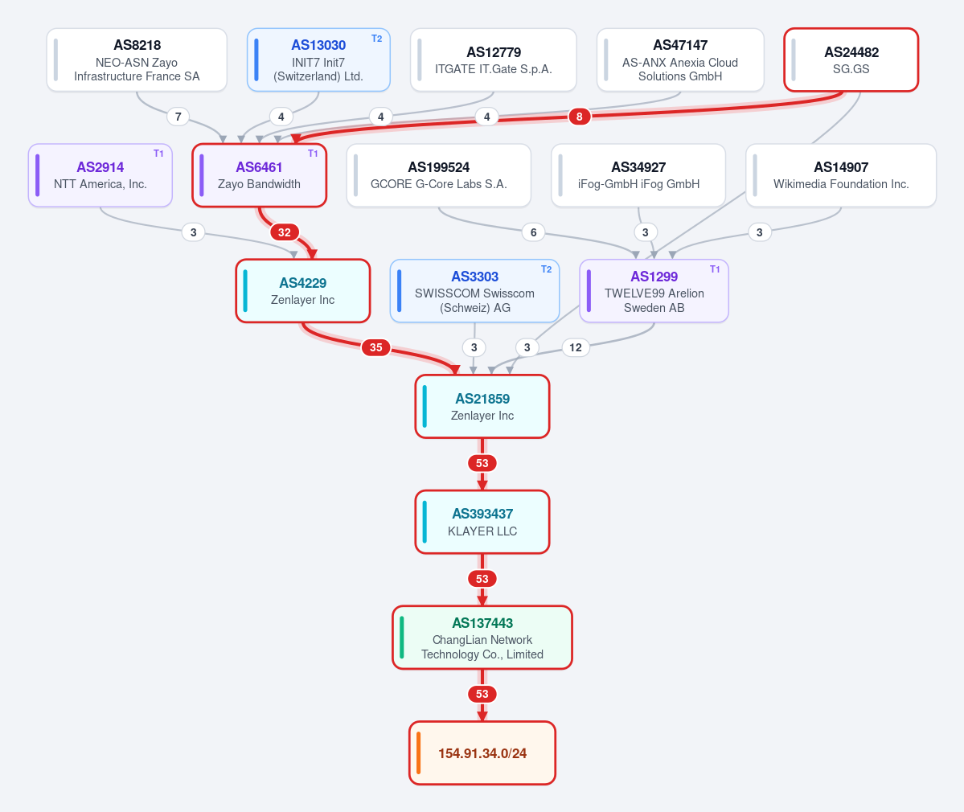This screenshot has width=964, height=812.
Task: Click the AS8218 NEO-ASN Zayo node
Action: pyautogui.click(x=137, y=59)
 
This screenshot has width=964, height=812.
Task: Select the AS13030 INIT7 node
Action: pyautogui.click(x=318, y=59)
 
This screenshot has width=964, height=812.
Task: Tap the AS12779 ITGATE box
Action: pyautogui.click(x=494, y=59)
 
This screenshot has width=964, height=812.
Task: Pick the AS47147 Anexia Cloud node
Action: pyautogui.click(x=680, y=59)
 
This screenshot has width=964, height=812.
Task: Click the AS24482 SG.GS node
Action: pyautogui.click(x=851, y=59)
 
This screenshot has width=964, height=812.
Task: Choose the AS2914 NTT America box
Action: pyautogui.click(x=101, y=175)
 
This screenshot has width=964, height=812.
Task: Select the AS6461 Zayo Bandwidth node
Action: pyautogui.click(x=260, y=175)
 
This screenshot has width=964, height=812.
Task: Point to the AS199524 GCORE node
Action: pyautogui.click(x=439, y=175)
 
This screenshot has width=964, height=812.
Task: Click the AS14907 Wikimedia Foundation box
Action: pyautogui.click(x=841, y=175)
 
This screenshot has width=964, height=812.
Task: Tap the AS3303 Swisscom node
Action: pyautogui.click(x=474, y=291)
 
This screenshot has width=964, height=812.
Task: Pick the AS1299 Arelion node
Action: pyautogui.click(x=654, y=291)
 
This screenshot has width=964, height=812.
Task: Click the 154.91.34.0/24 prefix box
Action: pyautogui.click(x=482, y=753)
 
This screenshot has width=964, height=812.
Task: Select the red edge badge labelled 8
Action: pyautogui.click(x=579, y=117)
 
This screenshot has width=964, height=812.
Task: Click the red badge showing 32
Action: pyautogui.click(x=284, y=232)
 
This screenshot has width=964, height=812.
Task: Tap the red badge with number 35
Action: pyautogui.click(x=375, y=347)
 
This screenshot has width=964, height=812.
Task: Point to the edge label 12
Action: pyautogui.click(x=576, y=347)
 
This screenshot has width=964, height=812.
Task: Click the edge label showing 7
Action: pyautogui.click(x=178, y=117)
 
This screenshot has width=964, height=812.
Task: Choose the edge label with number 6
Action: pyautogui.click(x=534, y=232)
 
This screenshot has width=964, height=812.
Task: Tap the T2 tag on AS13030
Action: pyautogui.click(x=377, y=39)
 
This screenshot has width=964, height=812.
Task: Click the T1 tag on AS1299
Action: pyautogui.click(x=715, y=269)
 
